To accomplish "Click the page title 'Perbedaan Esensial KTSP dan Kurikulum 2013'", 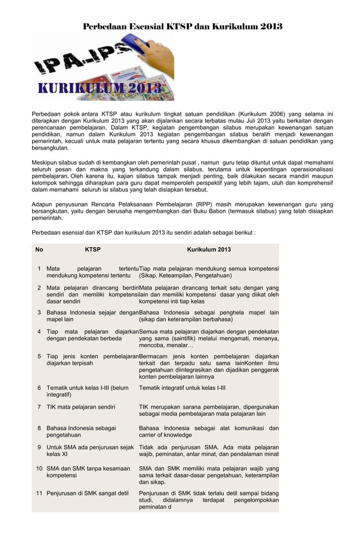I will point(182,27).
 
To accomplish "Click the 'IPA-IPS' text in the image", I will point(85,63).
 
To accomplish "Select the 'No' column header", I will point(39,250).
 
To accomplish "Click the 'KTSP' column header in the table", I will point(93,250).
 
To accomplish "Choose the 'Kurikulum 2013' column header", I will point(209,250).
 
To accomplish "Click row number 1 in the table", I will point(39,269).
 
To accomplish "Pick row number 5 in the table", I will point(39,356).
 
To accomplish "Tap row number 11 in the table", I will point(39,493).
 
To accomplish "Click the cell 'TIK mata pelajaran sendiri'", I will point(81,407).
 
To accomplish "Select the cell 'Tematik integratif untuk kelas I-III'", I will point(182,388).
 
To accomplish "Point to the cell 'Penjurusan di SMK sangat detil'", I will point(87,493).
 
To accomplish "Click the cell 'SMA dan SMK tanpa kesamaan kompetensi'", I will point(88,472).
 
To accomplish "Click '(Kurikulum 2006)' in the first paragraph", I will point(262,114).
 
